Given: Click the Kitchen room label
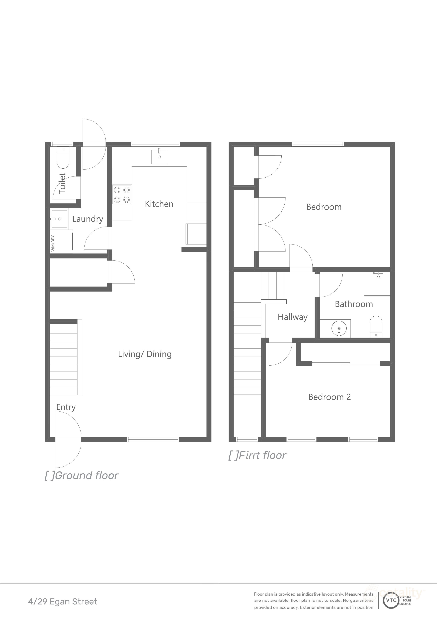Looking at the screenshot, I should click(159, 204).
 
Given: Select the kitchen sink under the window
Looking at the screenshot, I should click(159, 157).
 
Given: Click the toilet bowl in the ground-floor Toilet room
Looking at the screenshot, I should click(63, 160).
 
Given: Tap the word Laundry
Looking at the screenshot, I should click(88, 219).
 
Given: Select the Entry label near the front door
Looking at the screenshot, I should click(66, 407).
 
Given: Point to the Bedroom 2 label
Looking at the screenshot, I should click(329, 397).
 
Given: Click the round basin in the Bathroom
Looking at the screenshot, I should click(338, 328).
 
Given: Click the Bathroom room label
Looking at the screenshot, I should click(354, 304).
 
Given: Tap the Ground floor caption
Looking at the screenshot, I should click(82, 476).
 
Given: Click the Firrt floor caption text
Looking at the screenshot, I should click(257, 455).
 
